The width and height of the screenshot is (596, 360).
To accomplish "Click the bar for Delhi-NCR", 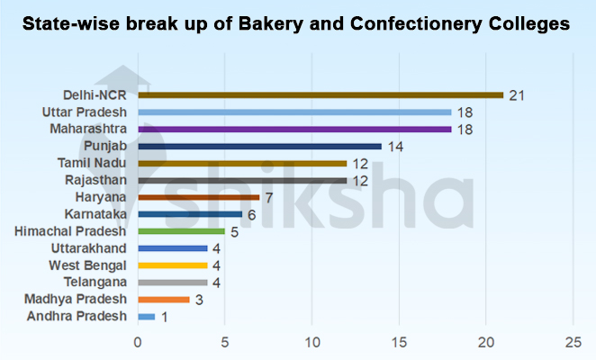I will pos(321,94).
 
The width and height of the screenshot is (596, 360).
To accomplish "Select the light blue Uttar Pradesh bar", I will pos(294,112).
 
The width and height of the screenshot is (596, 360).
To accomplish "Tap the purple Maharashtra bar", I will pos(294,129).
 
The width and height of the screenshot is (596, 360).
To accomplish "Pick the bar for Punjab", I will pos(259,146).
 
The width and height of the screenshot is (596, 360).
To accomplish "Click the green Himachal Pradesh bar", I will pos(181,231).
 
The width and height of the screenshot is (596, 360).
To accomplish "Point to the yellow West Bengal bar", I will pos(173,265).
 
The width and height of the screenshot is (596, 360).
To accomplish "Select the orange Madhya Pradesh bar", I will pos(164,300).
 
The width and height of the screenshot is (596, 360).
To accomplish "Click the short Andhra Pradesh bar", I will pos(147,317).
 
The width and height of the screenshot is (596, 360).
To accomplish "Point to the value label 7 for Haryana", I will pos(267,197).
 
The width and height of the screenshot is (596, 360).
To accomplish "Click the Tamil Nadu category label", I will pos(93,163).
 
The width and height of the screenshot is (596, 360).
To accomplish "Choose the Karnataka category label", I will pos(96,214).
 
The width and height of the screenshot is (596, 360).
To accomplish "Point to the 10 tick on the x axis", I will pos(312,343).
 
